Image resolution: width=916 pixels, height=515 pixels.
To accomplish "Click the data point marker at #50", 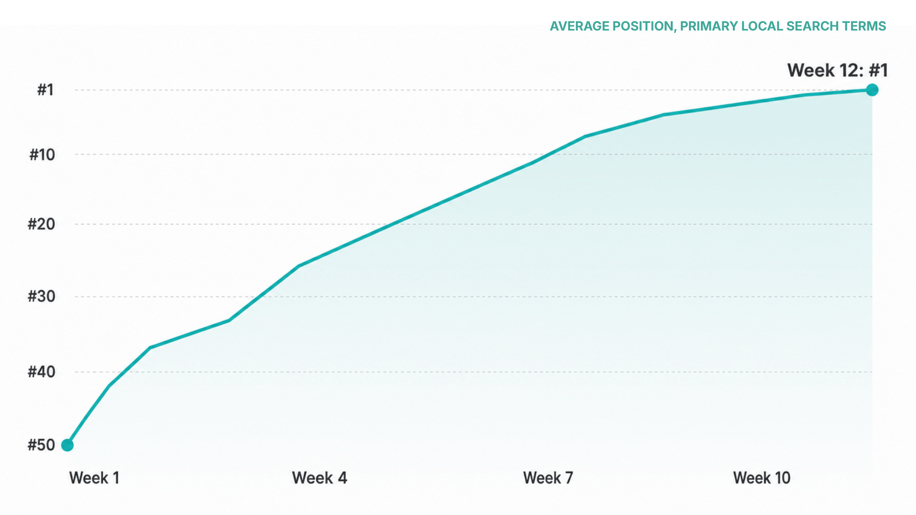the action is pos(68,445).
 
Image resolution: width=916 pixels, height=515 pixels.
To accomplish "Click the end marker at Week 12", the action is pos(872,90).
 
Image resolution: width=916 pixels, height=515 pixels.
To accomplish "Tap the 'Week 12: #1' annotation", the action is pos(837,71).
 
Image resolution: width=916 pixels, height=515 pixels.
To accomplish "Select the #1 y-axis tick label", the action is pos(46,90).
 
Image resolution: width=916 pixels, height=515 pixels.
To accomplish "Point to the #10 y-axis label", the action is pos(42,154).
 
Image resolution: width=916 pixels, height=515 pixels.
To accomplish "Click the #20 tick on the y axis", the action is pos(42,224).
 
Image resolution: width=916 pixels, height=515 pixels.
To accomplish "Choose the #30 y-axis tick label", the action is pos(42,297).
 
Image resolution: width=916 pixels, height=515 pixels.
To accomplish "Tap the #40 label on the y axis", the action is pos(42,372).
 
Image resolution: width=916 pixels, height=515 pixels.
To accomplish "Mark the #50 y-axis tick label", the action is pos(42,445).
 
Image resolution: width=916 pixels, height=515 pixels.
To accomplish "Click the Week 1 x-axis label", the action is pos(94,478).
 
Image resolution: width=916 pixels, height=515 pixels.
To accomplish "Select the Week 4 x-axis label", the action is pos(320,478).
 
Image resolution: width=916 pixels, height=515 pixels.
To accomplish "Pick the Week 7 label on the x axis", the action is pos(548,478).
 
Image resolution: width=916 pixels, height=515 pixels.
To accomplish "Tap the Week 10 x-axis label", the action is pos(762,478).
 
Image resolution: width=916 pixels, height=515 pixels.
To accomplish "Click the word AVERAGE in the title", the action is pos(579,26).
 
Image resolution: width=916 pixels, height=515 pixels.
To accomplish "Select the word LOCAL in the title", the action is pos(761,26).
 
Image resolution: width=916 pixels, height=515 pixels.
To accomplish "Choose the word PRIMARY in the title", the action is pos(708,26).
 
